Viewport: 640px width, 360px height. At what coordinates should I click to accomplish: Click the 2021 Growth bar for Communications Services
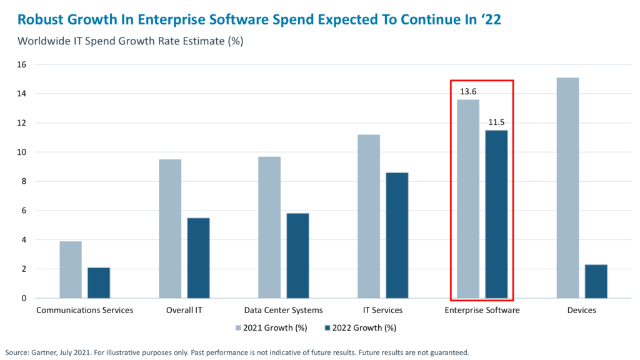click(71, 269)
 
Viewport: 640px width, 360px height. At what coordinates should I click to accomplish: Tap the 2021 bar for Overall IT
click(170, 229)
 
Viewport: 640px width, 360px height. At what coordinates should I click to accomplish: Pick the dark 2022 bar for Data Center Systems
click(297, 256)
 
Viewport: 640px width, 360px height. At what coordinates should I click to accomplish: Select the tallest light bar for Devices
click(567, 187)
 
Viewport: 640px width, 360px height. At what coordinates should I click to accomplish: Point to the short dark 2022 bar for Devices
click(596, 281)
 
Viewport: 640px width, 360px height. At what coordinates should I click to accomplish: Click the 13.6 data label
click(468, 91)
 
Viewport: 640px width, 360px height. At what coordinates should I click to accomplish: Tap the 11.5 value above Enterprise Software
click(496, 122)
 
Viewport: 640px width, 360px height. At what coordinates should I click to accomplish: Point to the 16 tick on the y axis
click(21, 64)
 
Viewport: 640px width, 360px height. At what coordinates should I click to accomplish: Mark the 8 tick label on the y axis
click(23, 181)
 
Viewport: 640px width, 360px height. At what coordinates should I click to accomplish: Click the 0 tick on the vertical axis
click(23, 298)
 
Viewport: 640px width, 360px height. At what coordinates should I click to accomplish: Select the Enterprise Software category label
click(482, 310)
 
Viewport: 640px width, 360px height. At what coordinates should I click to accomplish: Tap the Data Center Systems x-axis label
click(284, 310)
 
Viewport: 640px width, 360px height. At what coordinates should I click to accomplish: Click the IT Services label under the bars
click(382, 310)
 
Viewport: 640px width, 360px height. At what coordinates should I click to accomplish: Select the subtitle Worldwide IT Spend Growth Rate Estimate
click(130, 42)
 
